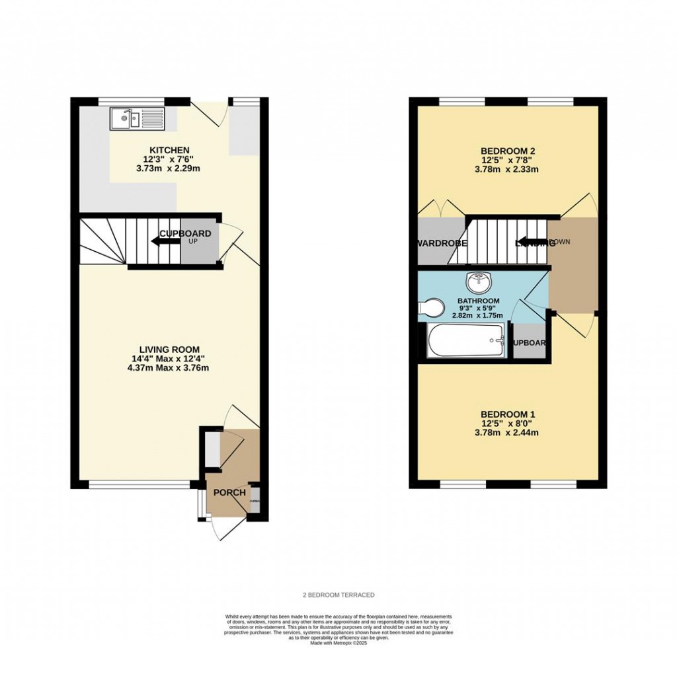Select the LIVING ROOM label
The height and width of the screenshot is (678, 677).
(x=169, y=350)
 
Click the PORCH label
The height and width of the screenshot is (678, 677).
(x=229, y=493)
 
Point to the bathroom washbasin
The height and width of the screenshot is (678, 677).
(x=477, y=283)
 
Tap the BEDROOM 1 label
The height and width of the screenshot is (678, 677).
(x=507, y=415)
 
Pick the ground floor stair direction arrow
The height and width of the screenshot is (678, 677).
(x=165, y=241)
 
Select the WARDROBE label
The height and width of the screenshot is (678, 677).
(x=442, y=243)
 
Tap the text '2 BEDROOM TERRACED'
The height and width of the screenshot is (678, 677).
(x=338, y=595)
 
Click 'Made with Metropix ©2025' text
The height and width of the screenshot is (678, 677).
(x=338, y=643)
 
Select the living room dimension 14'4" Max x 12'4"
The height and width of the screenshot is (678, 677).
(x=169, y=359)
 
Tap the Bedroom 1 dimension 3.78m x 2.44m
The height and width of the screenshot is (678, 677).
(x=507, y=433)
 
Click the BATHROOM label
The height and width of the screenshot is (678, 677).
(x=479, y=301)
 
